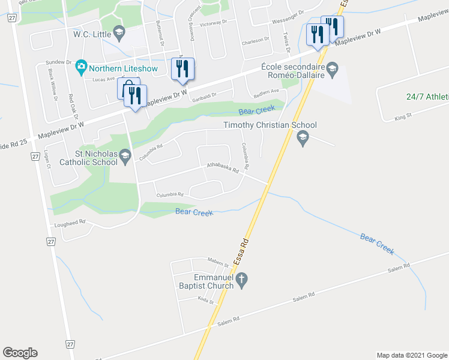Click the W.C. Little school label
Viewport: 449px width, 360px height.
(x=92, y=34)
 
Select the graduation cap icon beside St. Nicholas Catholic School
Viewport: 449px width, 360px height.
(x=125, y=157)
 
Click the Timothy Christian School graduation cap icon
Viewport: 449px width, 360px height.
(x=303, y=139)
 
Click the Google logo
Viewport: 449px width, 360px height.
(x=20, y=353)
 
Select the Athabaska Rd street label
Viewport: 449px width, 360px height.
(x=223, y=167)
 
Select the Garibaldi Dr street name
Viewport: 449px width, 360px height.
(x=204, y=97)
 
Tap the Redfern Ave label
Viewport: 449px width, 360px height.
(x=267, y=92)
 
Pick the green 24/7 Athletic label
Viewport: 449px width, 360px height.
(x=427, y=97)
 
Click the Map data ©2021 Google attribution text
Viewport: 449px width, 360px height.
(x=411, y=355)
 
